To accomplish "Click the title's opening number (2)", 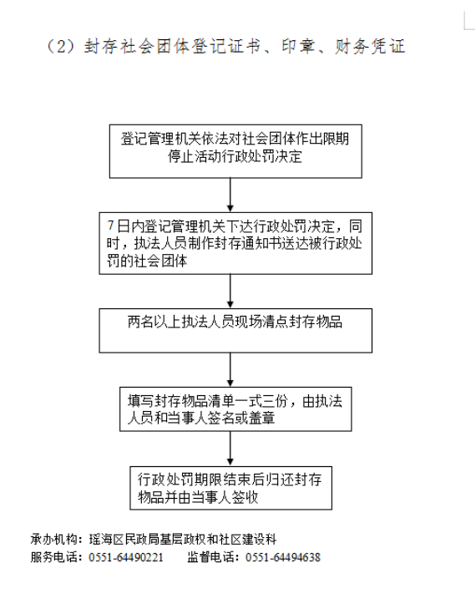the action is coord(61,47).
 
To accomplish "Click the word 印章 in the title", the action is coord(298,46).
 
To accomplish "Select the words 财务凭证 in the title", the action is coord(370,46).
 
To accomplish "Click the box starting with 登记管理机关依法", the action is coord(235,151).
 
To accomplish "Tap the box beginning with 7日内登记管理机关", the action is coord(235,243).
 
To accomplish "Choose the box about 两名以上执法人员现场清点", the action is coord(235,331).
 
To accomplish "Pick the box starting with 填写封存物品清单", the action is coord(235,409).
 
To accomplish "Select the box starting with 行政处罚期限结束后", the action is coord(231,488).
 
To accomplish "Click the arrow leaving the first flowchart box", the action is coord(230,195).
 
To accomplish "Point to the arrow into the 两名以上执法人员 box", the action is coord(230,292).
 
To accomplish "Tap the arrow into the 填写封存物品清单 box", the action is coord(230,370).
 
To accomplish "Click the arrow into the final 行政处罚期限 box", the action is coord(230,449).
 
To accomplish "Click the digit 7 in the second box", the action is coord(110,226).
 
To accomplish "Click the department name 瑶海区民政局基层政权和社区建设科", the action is coord(183,539).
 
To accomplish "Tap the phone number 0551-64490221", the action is coord(126,557).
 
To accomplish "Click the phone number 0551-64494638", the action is coord(283,557).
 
